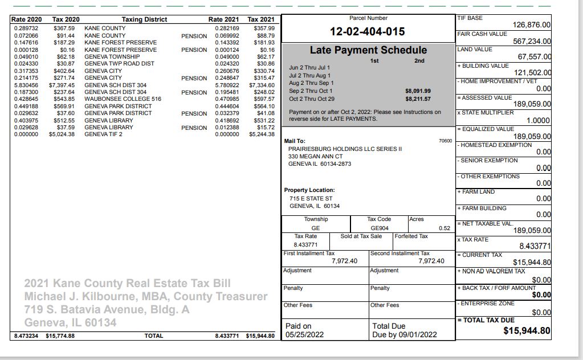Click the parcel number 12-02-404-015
click(x=368, y=32)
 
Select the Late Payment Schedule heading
click(x=368, y=50)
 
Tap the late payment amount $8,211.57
click(x=418, y=99)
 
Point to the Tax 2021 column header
click(x=261, y=19)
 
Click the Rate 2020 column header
click(x=26, y=19)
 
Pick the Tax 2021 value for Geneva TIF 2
click(x=262, y=134)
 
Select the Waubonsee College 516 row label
click(x=123, y=99)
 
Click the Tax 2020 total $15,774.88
click(x=60, y=336)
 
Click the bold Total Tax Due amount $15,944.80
click(x=527, y=331)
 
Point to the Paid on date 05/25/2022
click(x=304, y=335)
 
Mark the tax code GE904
click(x=380, y=228)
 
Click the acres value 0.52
click(x=445, y=228)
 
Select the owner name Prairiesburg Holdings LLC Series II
click(x=345, y=149)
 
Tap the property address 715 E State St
click(x=311, y=198)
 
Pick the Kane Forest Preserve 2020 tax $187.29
click(x=64, y=43)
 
